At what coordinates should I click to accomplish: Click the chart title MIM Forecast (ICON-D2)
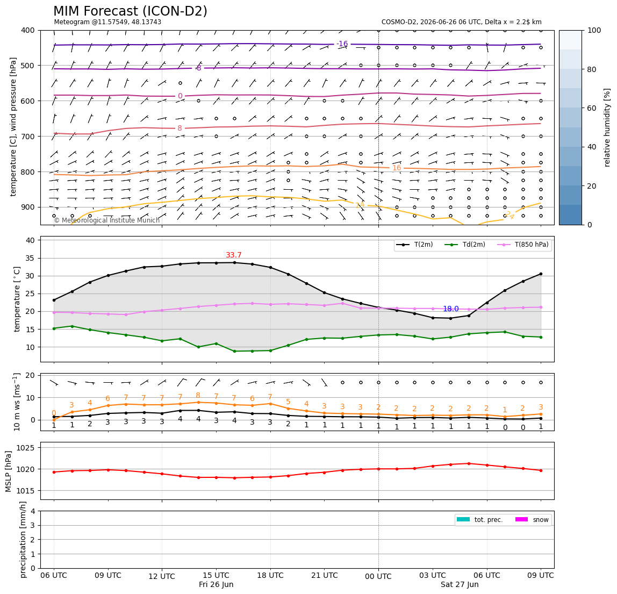click(x=130, y=11)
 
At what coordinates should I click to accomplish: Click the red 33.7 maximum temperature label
click(x=233, y=255)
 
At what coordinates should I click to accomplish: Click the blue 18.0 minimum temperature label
click(x=450, y=309)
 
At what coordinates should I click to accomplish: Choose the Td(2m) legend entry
click(x=465, y=245)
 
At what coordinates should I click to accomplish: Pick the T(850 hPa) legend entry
click(x=523, y=245)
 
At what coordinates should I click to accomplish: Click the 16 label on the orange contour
click(x=397, y=168)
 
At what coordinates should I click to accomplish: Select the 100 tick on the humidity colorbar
click(x=594, y=30)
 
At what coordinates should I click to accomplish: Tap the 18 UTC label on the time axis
click(x=270, y=575)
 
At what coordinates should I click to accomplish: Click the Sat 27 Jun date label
click(x=460, y=584)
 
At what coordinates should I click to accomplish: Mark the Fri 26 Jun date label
click(x=216, y=584)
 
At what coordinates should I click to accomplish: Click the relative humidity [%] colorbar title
click(x=607, y=127)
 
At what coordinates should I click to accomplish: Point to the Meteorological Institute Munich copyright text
click(x=106, y=220)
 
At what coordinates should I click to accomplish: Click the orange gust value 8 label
click(x=198, y=395)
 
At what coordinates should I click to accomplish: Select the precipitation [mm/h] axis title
click(x=23, y=540)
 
